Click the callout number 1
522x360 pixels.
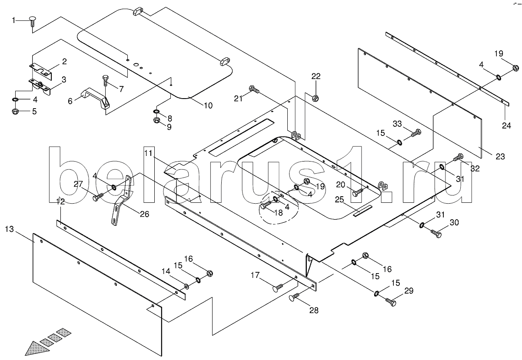point(13,20)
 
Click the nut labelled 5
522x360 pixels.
point(14,112)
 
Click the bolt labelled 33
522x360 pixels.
point(416,132)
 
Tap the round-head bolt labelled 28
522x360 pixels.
point(293,298)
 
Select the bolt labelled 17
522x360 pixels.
point(277,287)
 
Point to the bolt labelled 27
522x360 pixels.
point(98,198)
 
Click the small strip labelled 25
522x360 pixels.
point(362,211)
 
